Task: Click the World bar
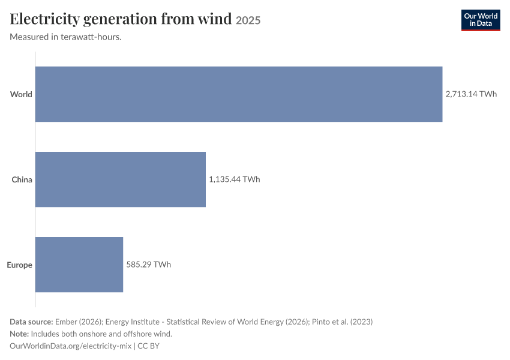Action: pos(239,94)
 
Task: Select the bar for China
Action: pos(121,179)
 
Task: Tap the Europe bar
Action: pos(79,265)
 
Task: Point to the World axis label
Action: pos(21,94)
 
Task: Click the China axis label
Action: pos(22,179)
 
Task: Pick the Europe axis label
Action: pos(20,265)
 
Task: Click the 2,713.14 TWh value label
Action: pos(471,94)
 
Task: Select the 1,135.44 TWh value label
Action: pos(234,179)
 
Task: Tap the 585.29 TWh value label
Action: pos(148,265)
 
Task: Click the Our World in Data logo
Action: pos(481,20)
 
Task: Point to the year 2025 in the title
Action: pos(248,20)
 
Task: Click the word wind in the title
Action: pos(215,19)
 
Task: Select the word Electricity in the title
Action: pos(45,19)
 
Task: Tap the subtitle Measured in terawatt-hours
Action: pos(66,37)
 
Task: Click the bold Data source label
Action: pos(31,322)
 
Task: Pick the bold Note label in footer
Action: pos(19,334)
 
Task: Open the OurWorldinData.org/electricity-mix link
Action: pos(71,346)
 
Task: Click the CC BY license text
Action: pos(149,346)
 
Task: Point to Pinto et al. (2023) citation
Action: pos(342,322)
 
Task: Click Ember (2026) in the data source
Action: pos(79,322)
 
